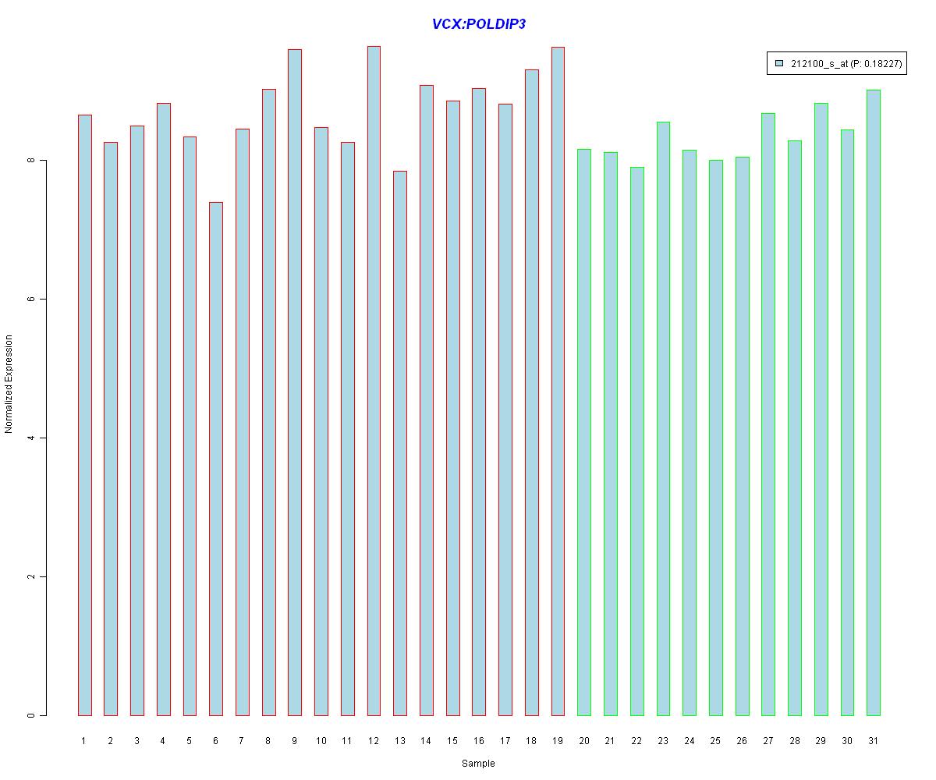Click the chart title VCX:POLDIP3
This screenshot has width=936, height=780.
[x=478, y=24]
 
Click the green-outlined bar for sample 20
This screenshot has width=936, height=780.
[x=584, y=432]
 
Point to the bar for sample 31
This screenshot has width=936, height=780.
[x=874, y=402]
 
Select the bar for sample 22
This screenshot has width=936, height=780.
[x=636, y=441]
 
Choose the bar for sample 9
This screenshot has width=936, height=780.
[x=295, y=382]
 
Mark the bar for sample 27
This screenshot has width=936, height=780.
[x=768, y=414]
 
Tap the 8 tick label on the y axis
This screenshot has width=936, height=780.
[x=31, y=161]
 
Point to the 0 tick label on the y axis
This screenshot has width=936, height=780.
[x=31, y=715]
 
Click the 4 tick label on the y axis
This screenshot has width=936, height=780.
[x=31, y=438]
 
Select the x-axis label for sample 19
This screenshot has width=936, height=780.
[x=558, y=741]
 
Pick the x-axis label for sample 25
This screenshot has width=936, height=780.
[x=715, y=741]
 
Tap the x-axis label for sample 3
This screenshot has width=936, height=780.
[x=136, y=741]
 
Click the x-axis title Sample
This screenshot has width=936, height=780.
[x=478, y=764]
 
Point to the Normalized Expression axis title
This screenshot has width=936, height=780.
[x=9, y=384]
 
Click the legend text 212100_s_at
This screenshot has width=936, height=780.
[x=818, y=64]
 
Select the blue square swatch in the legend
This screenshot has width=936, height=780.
[x=778, y=63]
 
